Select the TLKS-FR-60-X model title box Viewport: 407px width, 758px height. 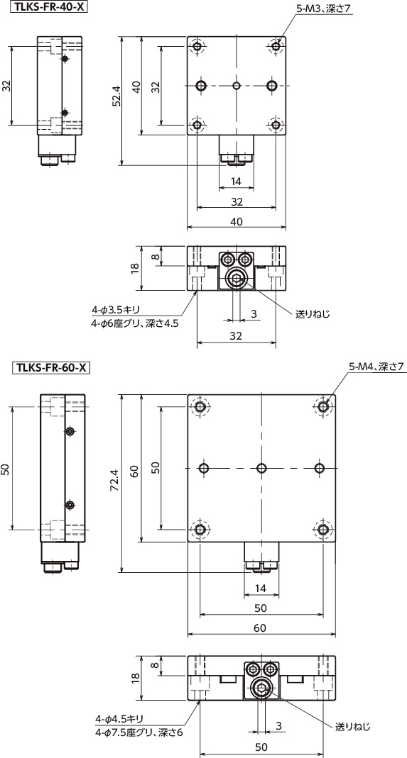coord(48,367)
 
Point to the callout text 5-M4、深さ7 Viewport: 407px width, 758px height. coord(376,367)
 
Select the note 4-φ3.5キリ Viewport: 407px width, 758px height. coord(117,310)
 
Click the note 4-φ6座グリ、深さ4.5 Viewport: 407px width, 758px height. coord(134,323)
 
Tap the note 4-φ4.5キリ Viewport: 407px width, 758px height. coord(121,718)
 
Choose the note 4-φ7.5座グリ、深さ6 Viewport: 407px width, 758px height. coord(139,732)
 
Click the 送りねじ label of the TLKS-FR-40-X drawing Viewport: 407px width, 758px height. coord(313,313)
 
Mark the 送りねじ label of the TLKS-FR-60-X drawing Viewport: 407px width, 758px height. coord(352,726)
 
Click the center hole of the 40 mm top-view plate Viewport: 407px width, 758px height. coord(237,86)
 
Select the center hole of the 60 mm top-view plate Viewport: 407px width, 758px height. coord(262,469)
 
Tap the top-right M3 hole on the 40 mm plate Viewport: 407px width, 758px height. coord(276,47)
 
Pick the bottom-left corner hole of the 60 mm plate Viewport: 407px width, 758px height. coord(201,530)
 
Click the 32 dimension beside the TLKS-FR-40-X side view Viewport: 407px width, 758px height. coord(6,86)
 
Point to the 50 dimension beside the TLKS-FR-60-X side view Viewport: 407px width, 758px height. coord(6,469)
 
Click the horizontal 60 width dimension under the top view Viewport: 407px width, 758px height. coord(260,628)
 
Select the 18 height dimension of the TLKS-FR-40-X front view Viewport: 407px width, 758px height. coord(136,268)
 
